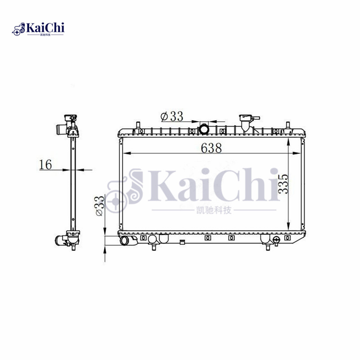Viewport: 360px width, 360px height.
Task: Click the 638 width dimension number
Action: click(x=211, y=148)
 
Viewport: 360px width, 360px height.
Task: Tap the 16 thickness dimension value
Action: click(x=45, y=164)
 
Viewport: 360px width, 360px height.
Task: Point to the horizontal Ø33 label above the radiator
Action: click(x=171, y=116)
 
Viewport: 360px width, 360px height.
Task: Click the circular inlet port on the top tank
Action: click(x=205, y=130)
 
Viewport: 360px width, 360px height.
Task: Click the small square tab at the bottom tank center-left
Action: click(x=182, y=243)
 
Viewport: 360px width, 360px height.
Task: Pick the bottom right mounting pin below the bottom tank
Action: click(x=268, y=247)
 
